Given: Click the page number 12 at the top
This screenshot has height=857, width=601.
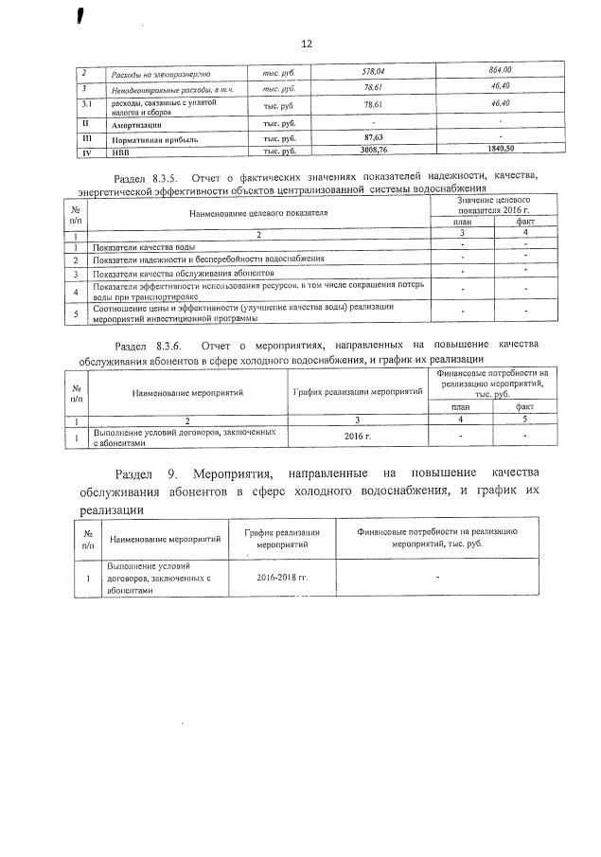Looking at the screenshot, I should click(x=306, y=44).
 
